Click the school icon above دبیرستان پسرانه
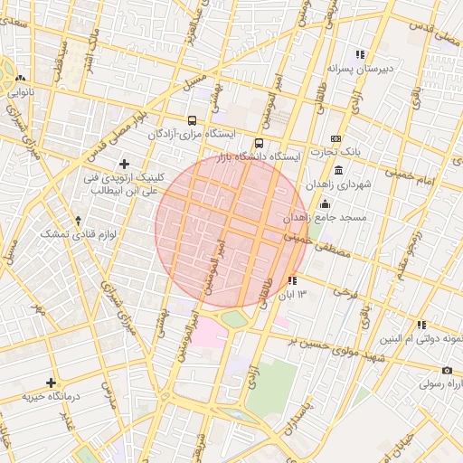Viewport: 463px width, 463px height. (x=360, y=53)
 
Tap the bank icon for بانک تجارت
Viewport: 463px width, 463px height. (x=336, y=138)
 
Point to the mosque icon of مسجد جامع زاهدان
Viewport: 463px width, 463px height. (x=325, y=203)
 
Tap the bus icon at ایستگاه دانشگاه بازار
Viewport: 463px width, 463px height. (x=260, y=143)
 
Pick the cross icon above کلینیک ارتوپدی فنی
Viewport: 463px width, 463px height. (x=124, y=164)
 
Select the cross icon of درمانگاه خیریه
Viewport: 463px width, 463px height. (x=51, y=383)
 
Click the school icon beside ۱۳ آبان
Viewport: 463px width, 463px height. (x=291, y=281)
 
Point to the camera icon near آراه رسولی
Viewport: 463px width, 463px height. (x=447, y=370)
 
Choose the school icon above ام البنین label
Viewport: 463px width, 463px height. (x=421, y=325)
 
